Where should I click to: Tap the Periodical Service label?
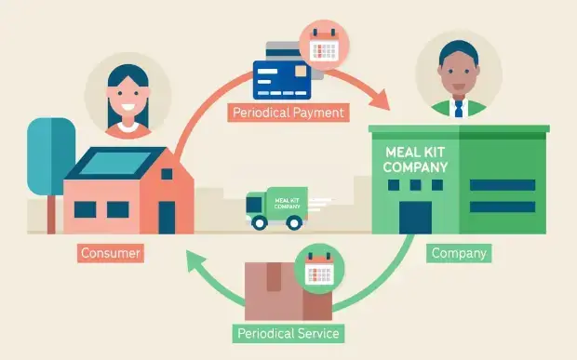click(x=287, y=332)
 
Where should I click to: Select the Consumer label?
click(x=111, y=253)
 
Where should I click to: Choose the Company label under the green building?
click(x=458, y=252)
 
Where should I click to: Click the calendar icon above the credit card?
click(x=323, y=44)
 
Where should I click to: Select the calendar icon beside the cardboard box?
click(x=319, y=271)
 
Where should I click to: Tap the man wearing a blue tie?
click(x=459, y=76)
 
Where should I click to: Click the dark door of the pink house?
click(x=167, y=216)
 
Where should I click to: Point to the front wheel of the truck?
click(x=294, y=222)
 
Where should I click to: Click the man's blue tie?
click(x=458, y=108)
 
